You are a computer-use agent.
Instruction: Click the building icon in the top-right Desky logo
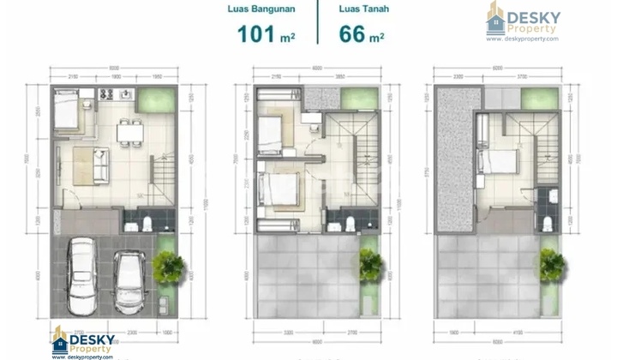coord(496,17)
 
